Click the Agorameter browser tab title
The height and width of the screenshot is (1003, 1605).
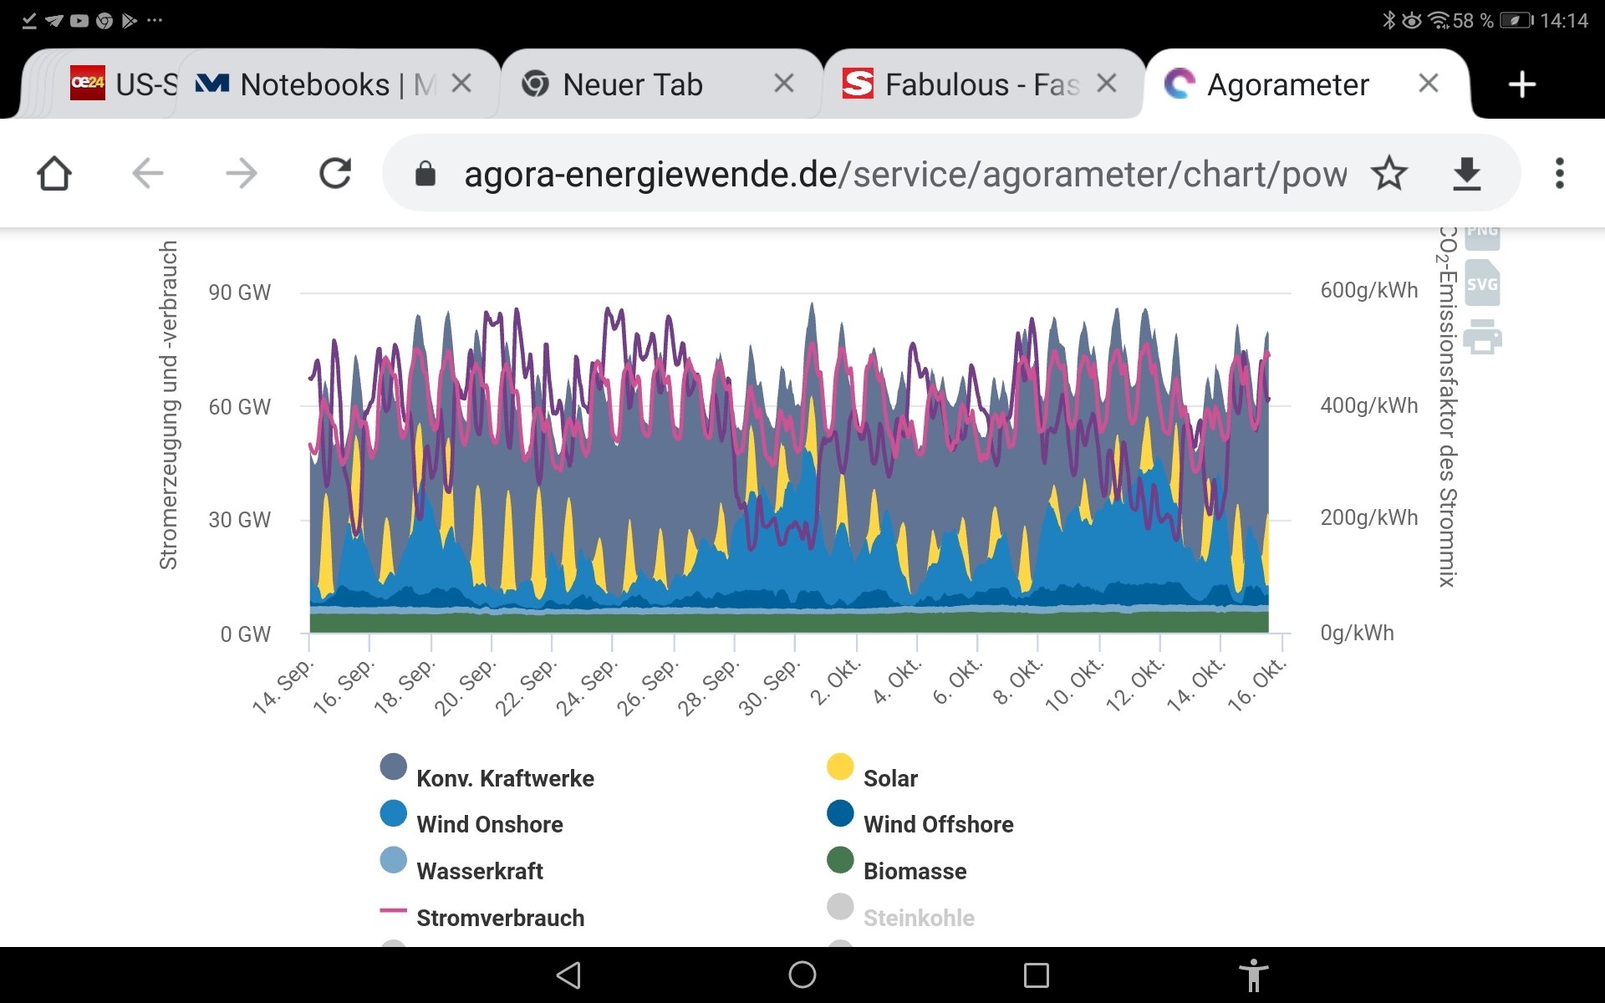tap(1287, 84)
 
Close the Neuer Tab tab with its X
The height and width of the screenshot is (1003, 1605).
tap(783, 83)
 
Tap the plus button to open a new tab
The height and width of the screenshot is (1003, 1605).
tap(1521, 84)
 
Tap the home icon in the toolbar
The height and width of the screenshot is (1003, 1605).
tap(54, 174)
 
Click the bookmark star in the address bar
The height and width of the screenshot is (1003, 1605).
tap(1388, 174)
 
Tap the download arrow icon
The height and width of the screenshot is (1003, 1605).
tap(1466, 174)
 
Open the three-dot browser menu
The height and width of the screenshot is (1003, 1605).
tap(1559, 174)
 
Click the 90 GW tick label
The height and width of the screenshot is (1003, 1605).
tap(240, 293)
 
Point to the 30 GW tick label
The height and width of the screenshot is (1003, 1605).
tap(240, 520)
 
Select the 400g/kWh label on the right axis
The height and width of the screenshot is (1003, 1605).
tap(1368, 406)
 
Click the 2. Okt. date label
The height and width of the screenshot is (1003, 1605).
tap(835, 683)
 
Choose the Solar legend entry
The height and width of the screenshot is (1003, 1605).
tap(889, 778)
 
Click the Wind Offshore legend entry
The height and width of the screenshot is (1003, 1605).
tap(937, 824)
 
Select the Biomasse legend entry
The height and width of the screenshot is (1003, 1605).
tap(914, 871)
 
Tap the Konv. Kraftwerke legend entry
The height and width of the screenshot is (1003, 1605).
tap(504, 778)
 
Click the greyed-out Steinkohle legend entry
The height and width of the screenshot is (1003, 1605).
tap(918, 918)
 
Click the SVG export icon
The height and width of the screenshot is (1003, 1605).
tap(1482, 284)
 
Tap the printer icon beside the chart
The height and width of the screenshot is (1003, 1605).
tap(1482, 337)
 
